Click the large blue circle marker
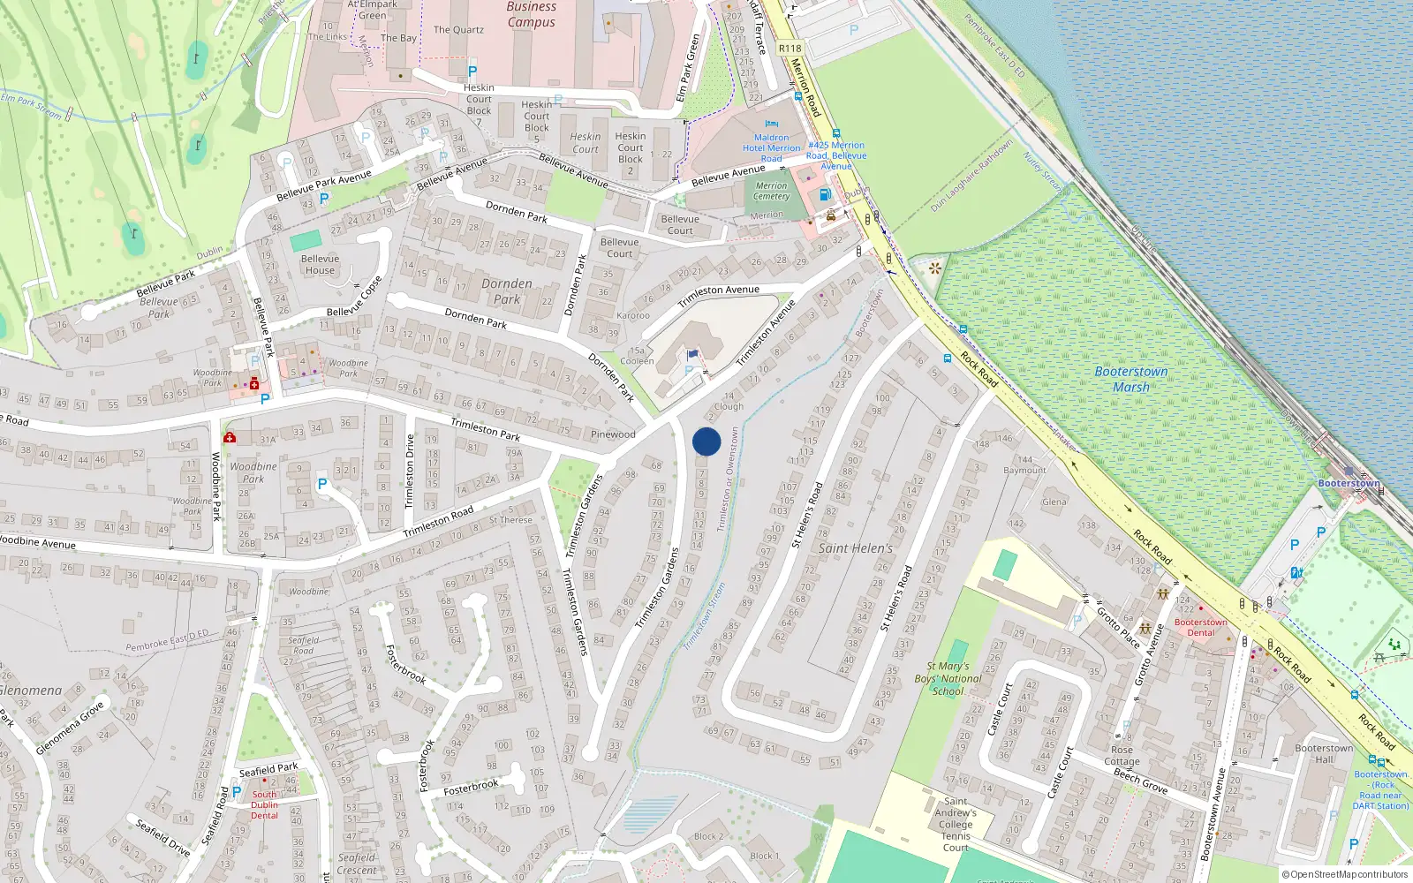pos(706,441)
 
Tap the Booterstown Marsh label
pos(1130,380)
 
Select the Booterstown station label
pos(1348,483)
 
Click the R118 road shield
pos(790,49)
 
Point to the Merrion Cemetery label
pos(771,191)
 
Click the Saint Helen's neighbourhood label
pos(855,548)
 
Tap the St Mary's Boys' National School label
pos(948,678)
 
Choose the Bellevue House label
pos(320,265)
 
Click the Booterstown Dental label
pos(1200,627)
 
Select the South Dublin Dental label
pos(264,804)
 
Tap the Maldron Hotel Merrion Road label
pos(771,147)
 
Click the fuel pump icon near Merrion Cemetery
pos(825,194)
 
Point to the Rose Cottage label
pos(1122,756)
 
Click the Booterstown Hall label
pos(1323,753)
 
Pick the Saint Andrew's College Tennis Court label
pos(955,824)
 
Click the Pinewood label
pos(612,434)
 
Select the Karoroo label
pos(632,315)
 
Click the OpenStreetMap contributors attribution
pos(1345,875)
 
